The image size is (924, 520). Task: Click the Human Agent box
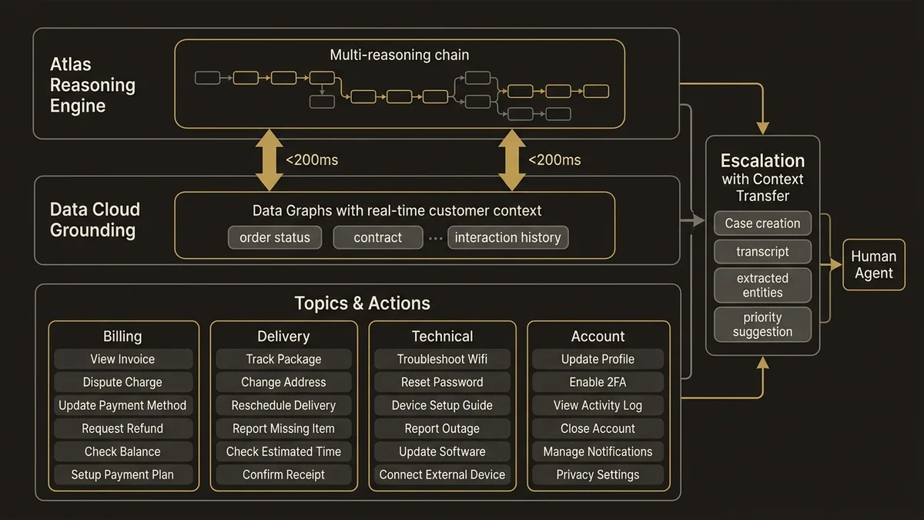click(873, 265)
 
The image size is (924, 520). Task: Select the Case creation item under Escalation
click(762, 223)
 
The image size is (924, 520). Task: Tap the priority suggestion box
click(762, 324)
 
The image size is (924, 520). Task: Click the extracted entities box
click(762, 285)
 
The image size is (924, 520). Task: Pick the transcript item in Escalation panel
click(762, 252)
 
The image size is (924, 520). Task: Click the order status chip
click(275, 237)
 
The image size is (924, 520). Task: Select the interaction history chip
click(507, 237)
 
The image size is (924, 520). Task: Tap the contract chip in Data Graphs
click(377, 237)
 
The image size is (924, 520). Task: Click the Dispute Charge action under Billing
click(122, 382)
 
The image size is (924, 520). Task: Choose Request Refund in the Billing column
click(122, 428)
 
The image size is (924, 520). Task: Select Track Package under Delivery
click(283, 359)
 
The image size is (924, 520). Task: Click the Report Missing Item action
click(283, 428)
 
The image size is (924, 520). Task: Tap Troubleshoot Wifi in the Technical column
click(442, 359)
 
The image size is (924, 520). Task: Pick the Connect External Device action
click(442, 475)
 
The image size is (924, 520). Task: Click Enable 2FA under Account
click(598, 382)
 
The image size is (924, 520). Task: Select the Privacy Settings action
click(598, 475)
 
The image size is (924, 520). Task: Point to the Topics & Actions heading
click(362, 303)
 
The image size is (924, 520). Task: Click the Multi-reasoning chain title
click(399, 55)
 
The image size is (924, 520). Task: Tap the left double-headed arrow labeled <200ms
click(268, 160)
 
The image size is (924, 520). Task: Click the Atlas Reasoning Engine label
click(92, 85)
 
